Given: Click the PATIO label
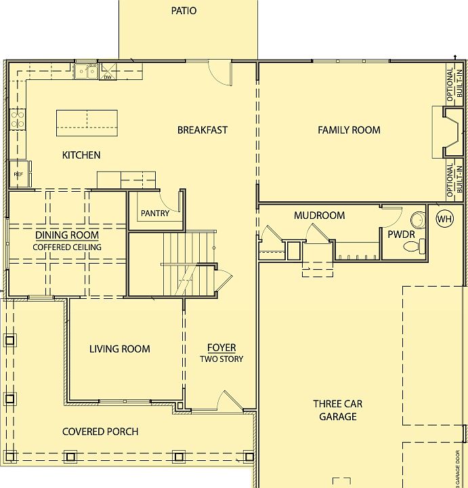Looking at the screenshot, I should (184, 11).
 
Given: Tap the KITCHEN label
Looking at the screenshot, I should (81, 155).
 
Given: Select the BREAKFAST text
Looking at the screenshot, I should (203, 130).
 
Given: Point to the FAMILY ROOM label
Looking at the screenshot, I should (349, 130).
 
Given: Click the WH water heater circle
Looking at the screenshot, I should (444, 219).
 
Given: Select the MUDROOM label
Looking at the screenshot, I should (319, 216).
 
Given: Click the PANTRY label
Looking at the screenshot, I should (155, 213).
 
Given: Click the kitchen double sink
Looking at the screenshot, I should (85, 70).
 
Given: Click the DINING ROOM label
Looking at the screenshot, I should (67, 235).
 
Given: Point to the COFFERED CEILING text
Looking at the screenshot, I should (67, 247).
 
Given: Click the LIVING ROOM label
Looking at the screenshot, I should (120, 349).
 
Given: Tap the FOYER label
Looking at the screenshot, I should (221, 348).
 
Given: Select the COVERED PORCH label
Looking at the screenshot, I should (100, 432).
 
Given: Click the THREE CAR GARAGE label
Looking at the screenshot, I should (338, 410).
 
